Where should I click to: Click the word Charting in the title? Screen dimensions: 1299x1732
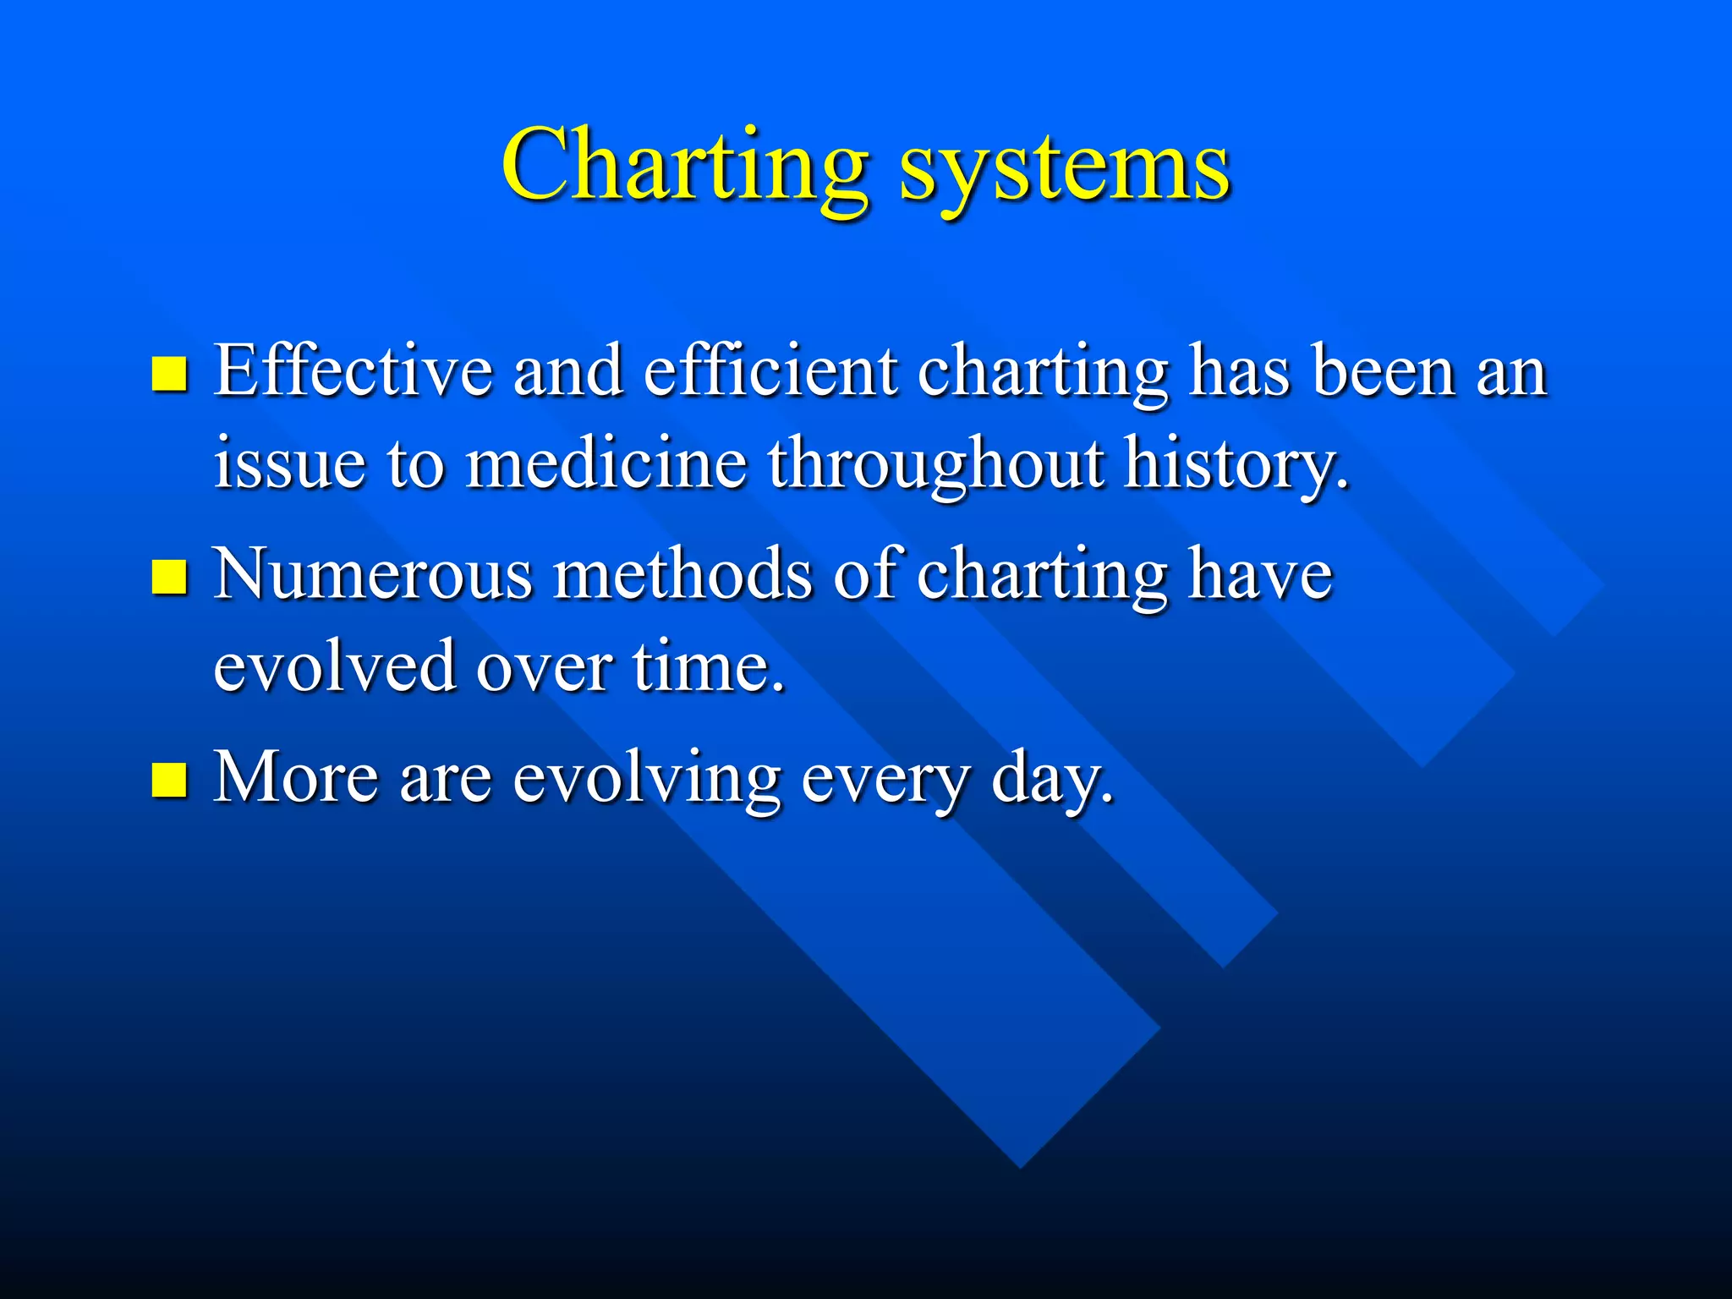[x=685, y=165]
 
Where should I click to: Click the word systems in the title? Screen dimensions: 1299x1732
[x=1064, y=169]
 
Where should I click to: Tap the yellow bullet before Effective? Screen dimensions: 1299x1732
[x=169, y=374]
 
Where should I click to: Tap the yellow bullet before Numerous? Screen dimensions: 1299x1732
[x=169, y=578]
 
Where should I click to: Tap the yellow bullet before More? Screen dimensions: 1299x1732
[x=169, y=780]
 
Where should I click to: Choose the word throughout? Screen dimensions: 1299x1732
[x=936, y=465]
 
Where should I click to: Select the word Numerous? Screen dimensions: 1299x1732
[x=373, y=574]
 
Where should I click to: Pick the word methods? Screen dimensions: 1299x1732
[x=683, y=574]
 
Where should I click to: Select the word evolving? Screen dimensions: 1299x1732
[x=647, y=778]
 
